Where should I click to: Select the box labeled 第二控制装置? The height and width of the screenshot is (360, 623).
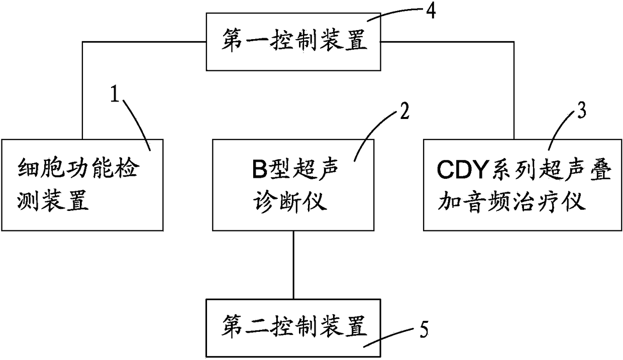tap(294, 328)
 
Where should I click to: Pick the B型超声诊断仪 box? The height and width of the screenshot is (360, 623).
tap(294, 185)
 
